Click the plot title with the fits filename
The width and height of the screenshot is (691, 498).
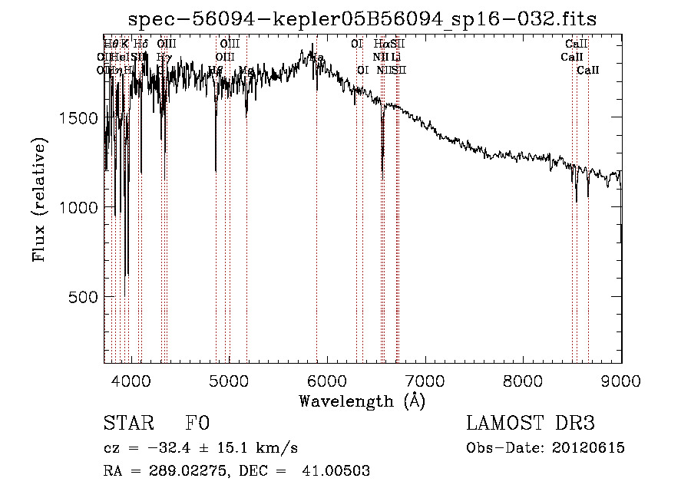(x=362, y=18)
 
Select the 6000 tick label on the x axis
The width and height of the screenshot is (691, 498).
(x=327, y=379)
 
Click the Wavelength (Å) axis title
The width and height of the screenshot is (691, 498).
(x=362, y=401)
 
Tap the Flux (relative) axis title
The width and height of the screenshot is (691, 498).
(x=39, y=200)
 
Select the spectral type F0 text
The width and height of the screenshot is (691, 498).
(x=197, y=424)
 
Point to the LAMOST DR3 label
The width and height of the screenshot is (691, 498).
(x=531, y=424)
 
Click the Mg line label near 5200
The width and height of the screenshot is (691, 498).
(x=246, y=71)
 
